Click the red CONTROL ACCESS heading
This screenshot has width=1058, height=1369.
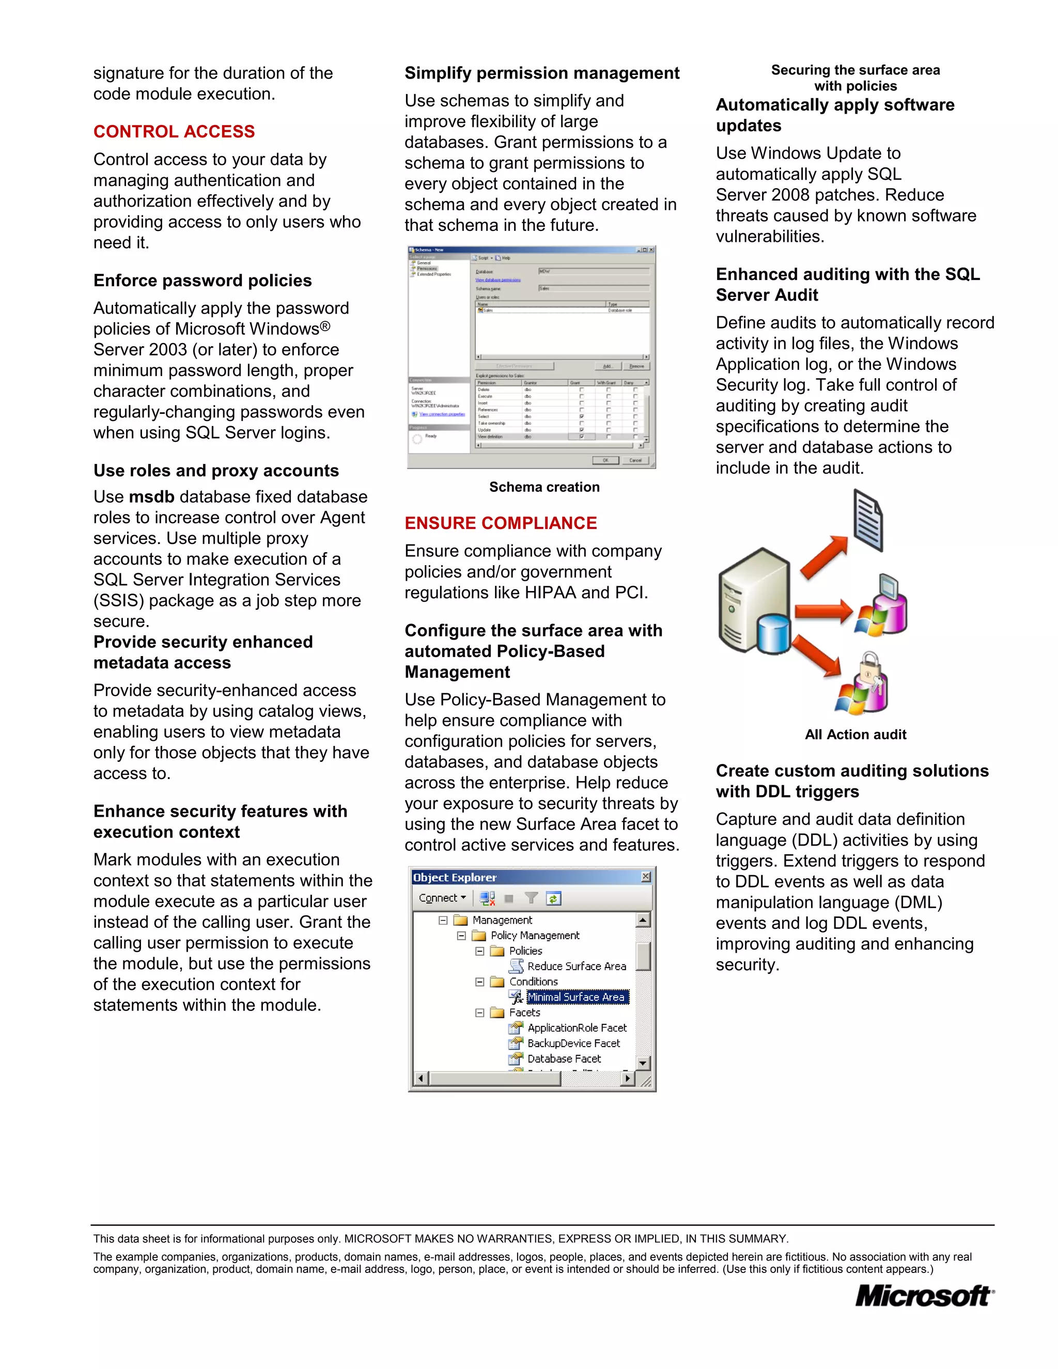tap(174, 132)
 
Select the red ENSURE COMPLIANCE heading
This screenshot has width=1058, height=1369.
tap(500, 523)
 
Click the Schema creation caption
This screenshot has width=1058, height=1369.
tap(544, 487)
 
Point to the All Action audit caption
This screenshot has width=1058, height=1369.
tap(855, 735)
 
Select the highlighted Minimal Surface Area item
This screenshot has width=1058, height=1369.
tap(576, 997)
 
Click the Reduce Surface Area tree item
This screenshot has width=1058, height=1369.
tap(577, 966)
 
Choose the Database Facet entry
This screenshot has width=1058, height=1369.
tap(564, 1059)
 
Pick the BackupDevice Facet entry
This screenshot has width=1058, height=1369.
tap(573, 1043)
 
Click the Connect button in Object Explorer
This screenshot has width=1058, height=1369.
tap(441, 898)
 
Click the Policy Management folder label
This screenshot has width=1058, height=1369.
tap(535, 935)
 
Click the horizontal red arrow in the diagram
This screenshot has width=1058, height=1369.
tap(823, 611)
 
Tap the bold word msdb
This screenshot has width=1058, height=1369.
tap(152, 497)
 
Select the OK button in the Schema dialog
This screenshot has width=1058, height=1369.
tap(605, 460)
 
